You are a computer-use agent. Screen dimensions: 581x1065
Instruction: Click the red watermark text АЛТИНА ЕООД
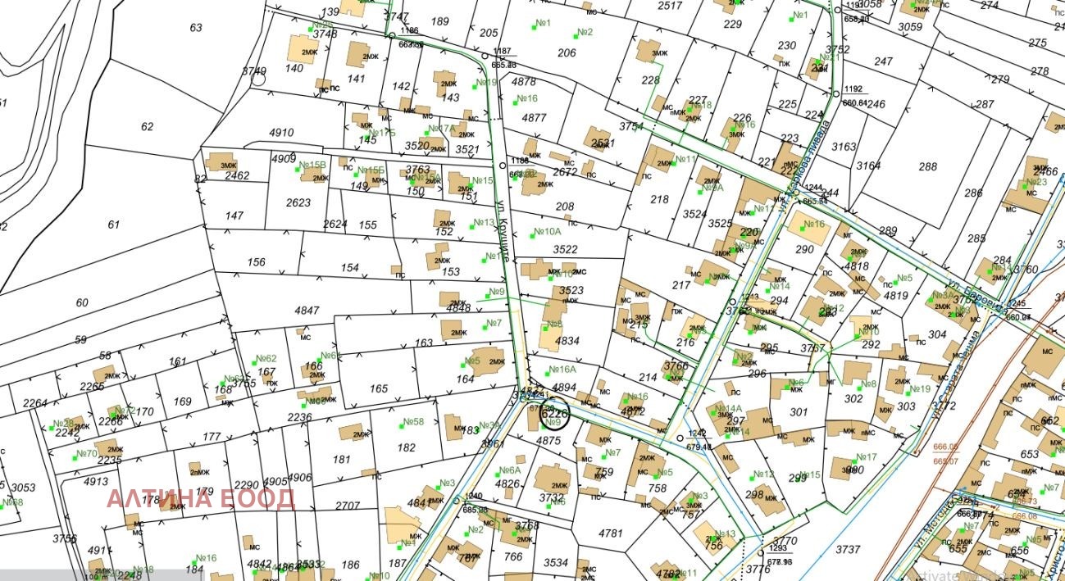pos(201,498)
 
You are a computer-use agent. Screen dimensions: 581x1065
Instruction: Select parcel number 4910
pos(281,133)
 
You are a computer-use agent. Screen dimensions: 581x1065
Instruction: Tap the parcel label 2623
pos(298,202)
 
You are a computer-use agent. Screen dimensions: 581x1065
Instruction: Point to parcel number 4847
pos(307,311)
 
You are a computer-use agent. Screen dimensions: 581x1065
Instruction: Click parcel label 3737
pos(848,549)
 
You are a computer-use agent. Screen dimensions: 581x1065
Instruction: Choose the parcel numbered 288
pos(927,167)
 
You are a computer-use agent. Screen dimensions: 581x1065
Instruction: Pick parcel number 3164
pos(868,166)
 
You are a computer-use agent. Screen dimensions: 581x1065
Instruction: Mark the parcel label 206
pos(567,53)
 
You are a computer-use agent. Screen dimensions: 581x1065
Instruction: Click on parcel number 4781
pos(611,533)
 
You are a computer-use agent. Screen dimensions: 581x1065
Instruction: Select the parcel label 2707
pos(348,505)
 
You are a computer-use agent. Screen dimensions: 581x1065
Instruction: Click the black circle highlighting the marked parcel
pos(556,412)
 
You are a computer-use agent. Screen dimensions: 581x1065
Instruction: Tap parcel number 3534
pos(556,562)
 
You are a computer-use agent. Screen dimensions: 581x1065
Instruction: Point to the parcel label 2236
pos(299,417)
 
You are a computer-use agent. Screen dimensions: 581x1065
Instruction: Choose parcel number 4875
pos(548,440)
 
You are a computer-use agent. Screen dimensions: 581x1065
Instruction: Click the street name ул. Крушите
pos(503,229)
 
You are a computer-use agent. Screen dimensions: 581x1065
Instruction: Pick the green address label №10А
pos(547,232)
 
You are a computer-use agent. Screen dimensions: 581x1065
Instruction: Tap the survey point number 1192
pos(853,89)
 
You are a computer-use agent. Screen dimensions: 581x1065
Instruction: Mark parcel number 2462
pos(237,175)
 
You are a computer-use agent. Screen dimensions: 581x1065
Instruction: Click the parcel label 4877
pos(534,118)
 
